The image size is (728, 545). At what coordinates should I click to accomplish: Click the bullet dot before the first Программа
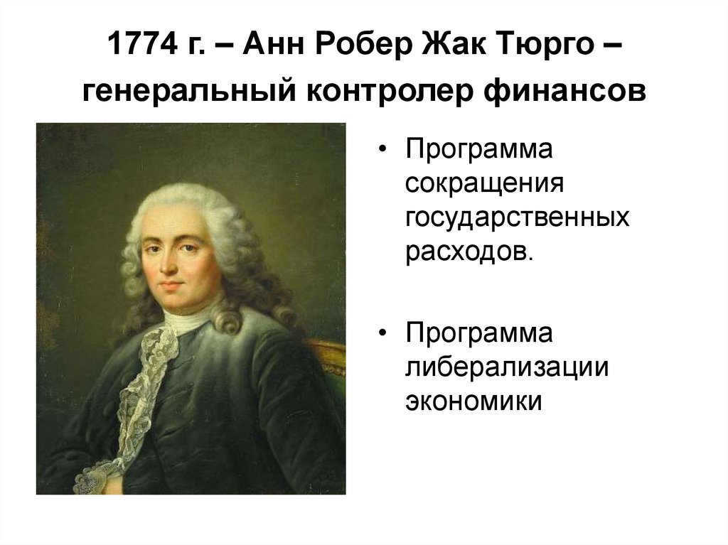coord(384,152)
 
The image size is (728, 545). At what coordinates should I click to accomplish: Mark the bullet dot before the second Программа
coord(384,335)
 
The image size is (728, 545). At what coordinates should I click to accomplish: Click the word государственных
coord(517,218)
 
